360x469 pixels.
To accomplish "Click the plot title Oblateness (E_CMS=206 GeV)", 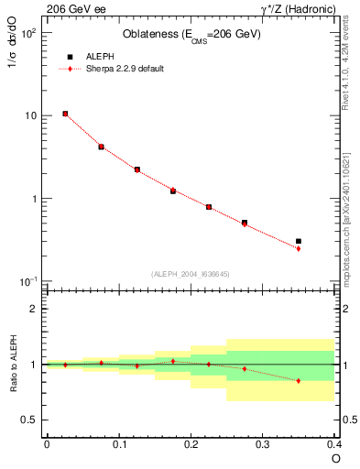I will [191, 35].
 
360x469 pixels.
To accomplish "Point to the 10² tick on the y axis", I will [29, 32].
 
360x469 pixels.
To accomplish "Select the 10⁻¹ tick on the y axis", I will [29, 281].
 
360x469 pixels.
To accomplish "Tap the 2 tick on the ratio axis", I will [35, 309].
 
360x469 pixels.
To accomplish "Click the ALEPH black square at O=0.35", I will [299, 241].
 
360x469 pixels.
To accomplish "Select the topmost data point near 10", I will [65, 114].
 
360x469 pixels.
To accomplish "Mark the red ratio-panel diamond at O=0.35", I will [299, 380].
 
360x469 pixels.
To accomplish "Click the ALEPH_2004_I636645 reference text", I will [191, 273].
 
